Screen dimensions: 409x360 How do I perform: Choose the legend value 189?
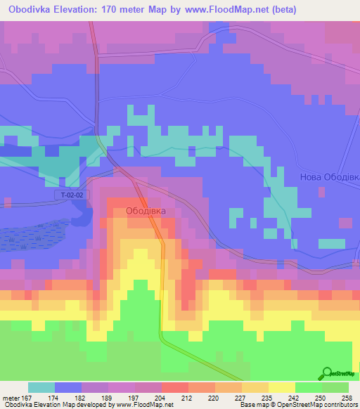pyautogui.click(x=110, y=397)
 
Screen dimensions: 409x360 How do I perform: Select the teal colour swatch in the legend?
pyautogui.click(x=41, y=387)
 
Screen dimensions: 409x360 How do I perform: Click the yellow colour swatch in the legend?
pyautogui.click(x=281, y=387)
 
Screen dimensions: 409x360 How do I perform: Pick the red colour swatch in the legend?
pyautogui.click(x=174, y=387)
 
